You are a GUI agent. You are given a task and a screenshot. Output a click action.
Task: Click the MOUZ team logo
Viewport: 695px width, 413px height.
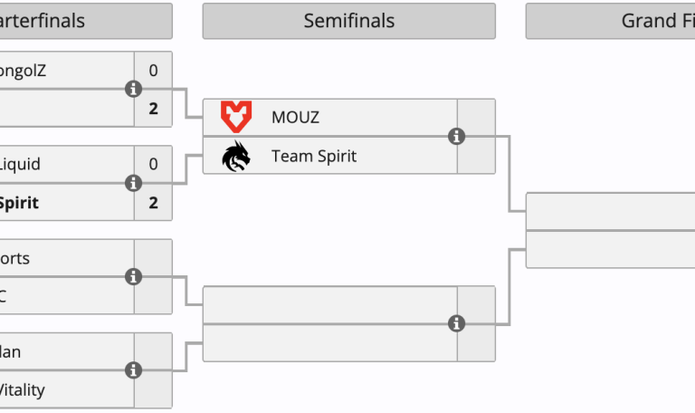(236, 117)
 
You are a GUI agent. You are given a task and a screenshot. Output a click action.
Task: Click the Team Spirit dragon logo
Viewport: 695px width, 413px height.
(236, 156)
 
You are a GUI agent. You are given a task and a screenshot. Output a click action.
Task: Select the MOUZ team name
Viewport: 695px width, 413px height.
(295, 118)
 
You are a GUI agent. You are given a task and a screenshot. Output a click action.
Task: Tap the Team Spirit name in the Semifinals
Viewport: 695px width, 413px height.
(313, 156)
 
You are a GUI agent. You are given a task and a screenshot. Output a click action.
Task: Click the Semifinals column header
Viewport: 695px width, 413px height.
(348, 21)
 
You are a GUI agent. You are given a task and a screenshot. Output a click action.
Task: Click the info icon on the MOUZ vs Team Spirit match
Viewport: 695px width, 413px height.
(457, 137)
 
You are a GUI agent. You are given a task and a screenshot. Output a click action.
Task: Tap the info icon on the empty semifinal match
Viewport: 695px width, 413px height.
(457, 323)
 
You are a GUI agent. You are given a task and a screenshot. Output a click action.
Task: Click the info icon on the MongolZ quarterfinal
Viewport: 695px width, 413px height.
(134, 89)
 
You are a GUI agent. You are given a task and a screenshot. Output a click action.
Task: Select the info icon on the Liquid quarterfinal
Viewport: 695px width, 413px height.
(134, 183)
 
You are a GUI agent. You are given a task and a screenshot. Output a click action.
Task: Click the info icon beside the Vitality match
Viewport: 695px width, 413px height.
(134, 370)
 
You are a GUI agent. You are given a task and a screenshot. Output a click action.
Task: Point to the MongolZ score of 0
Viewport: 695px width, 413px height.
(153, 70)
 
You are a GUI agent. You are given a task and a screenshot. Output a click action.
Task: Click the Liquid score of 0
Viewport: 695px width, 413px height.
(153, 164)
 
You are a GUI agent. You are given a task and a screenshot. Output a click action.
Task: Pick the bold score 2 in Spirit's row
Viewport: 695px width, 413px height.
(153, 202)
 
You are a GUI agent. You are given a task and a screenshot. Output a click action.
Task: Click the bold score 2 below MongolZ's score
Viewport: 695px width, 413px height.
(153, 109)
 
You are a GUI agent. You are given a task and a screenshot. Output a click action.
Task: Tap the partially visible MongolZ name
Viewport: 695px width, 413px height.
(22, 70)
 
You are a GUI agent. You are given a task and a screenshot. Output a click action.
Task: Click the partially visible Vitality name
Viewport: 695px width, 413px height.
(22, 390)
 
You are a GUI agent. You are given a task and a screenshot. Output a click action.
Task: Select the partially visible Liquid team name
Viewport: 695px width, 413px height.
(20, 164)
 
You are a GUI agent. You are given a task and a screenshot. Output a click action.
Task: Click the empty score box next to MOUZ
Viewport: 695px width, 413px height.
(476, 118)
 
